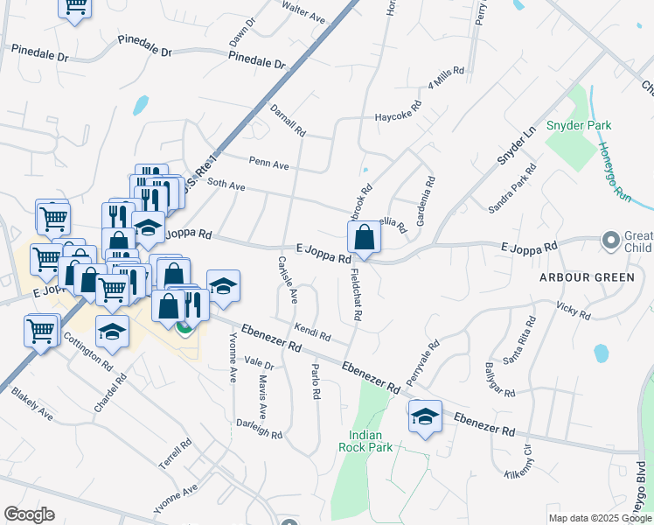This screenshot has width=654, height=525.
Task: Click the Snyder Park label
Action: click(x=578, y=125)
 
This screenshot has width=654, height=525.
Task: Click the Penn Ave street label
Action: click(x=268, y=162)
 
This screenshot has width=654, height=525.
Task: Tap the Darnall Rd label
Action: click(x=288, y=121)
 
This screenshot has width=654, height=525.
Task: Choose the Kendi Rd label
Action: click(x=312, y=332)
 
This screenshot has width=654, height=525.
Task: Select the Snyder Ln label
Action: click(x=515, y=146)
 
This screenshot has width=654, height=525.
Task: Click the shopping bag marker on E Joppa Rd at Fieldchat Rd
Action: click(x=364, y=236)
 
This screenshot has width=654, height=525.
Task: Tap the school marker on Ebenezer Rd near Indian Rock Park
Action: click(x=425, y=416)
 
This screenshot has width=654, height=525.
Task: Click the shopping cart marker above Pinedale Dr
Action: click(x=75, y=7)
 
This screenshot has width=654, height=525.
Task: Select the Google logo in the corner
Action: click(x=29, y=514)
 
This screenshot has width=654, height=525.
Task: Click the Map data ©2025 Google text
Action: click(x=600, y=518)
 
